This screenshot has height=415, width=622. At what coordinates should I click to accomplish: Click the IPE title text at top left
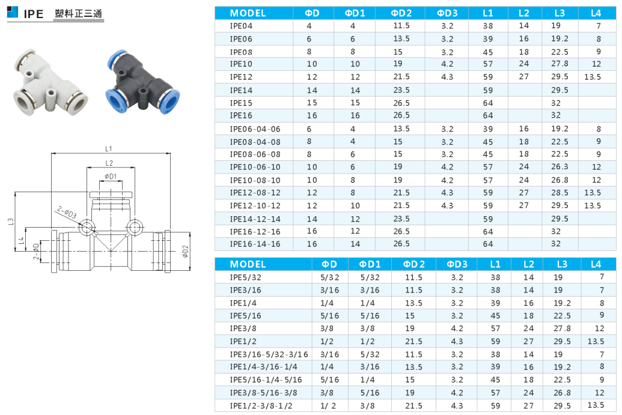coord(33,14)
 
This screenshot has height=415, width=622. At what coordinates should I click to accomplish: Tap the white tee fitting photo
coord(50,82)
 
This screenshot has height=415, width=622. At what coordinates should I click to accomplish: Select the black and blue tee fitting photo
coord(142,82)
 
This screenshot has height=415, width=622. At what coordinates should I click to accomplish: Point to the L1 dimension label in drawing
coord(109,148)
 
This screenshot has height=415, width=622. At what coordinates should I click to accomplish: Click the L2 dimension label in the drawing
coord(109,163)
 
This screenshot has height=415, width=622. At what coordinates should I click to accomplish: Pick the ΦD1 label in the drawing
coord(111,177)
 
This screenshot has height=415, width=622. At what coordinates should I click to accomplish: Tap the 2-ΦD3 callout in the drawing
coord(67,212)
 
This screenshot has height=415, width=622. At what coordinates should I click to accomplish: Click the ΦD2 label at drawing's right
coord(185,251)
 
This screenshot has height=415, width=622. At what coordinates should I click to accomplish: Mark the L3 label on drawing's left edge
coord(11,222)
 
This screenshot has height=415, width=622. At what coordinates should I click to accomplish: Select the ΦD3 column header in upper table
coord(447,13)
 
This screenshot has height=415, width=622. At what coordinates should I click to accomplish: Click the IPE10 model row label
coord(241,64)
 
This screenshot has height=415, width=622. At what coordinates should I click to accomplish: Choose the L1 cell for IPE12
coord(488,77)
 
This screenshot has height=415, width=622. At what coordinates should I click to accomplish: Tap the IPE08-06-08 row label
coord(255,154)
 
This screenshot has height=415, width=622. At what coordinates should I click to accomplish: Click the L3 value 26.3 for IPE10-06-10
coord(559,167)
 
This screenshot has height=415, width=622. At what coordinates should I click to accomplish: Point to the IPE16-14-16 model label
coord(255,244)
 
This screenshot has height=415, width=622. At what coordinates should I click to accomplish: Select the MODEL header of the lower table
coord(248,264)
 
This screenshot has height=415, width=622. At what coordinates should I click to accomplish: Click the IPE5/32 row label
coord(246,277)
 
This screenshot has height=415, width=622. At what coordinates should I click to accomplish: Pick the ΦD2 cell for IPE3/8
coord(410,328)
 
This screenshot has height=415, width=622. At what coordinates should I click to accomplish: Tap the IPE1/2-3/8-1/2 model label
coord(261,405)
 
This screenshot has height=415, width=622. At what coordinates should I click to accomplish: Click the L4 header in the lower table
coord(596,264)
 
